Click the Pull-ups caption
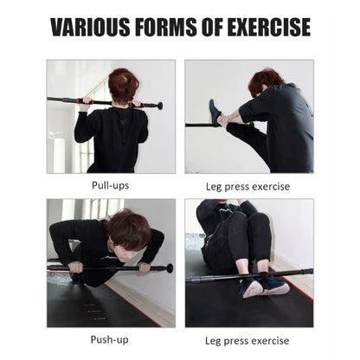(111, 184)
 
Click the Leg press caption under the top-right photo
(247, 185)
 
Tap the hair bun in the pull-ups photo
(124, 80)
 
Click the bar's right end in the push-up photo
(169, 268)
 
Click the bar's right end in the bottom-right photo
(309, 272)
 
